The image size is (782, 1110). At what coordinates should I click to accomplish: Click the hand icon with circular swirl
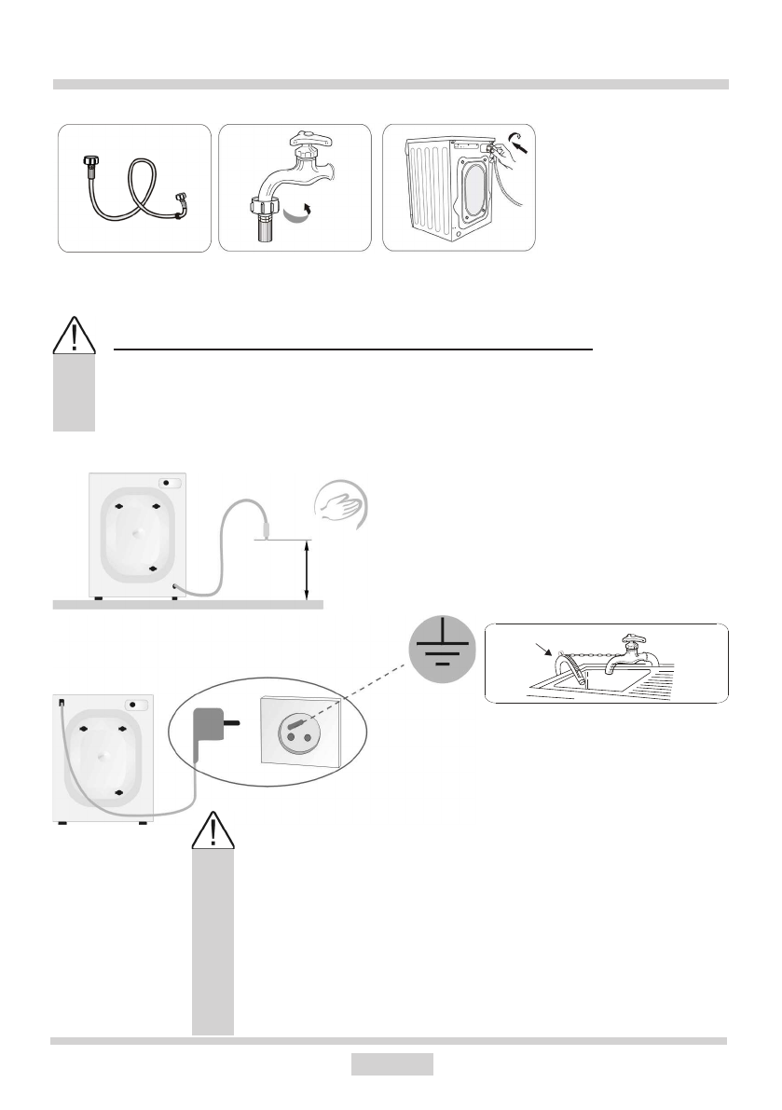342,508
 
